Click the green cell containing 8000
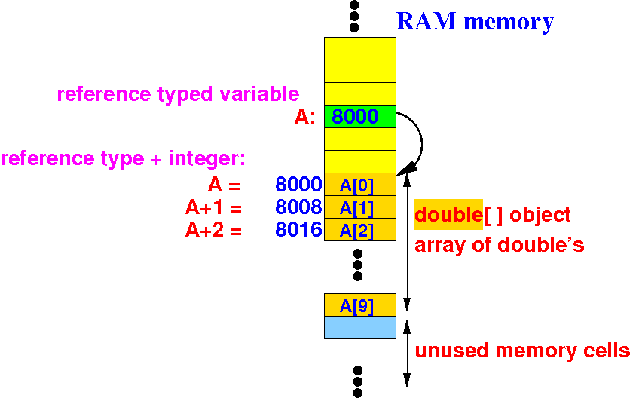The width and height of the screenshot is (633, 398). pyautogui.click(x=360, y=116)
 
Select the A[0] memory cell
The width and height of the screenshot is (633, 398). pyautogui.click(x=360, y=185)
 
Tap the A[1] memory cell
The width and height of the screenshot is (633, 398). pyautogui.click(x=360, y=207)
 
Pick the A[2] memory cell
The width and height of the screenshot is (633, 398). pyautogui.click(x=360, y=230)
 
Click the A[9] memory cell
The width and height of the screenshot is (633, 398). pyautogui.click(x=360, y=305)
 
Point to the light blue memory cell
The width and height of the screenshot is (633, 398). pyautogui.click(x=360, y=327)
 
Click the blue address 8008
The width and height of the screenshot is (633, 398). pyautogui.click(x=298, y=207)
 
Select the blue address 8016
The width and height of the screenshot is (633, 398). pyautogui.click(x=298, y=230)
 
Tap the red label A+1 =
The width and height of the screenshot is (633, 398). pyautogui.click(x=213, y=207)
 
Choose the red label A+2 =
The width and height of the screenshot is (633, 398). pyautogui.click(x=213, y=230)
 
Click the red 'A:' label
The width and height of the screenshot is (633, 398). pyautogui.click(x=305, y=117)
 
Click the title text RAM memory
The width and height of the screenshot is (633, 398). pyautogui.click(x=476, y=22)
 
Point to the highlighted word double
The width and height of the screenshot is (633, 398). pyautogui.click(x=448, y=214)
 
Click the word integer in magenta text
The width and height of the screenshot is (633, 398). pyautogui.click(x=206, y=158)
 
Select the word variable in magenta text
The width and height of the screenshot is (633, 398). pyautogui.click(x=259, y=94)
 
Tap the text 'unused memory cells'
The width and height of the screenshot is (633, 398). pyautogui.click(x=522, y=351)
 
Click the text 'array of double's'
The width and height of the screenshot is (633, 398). pyautogui.click(x=500, y=245)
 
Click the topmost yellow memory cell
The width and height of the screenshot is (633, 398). pyautogui.click(x=360, y=48)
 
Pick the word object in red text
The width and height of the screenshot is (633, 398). pyautogui.click(x=540, y=215)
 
